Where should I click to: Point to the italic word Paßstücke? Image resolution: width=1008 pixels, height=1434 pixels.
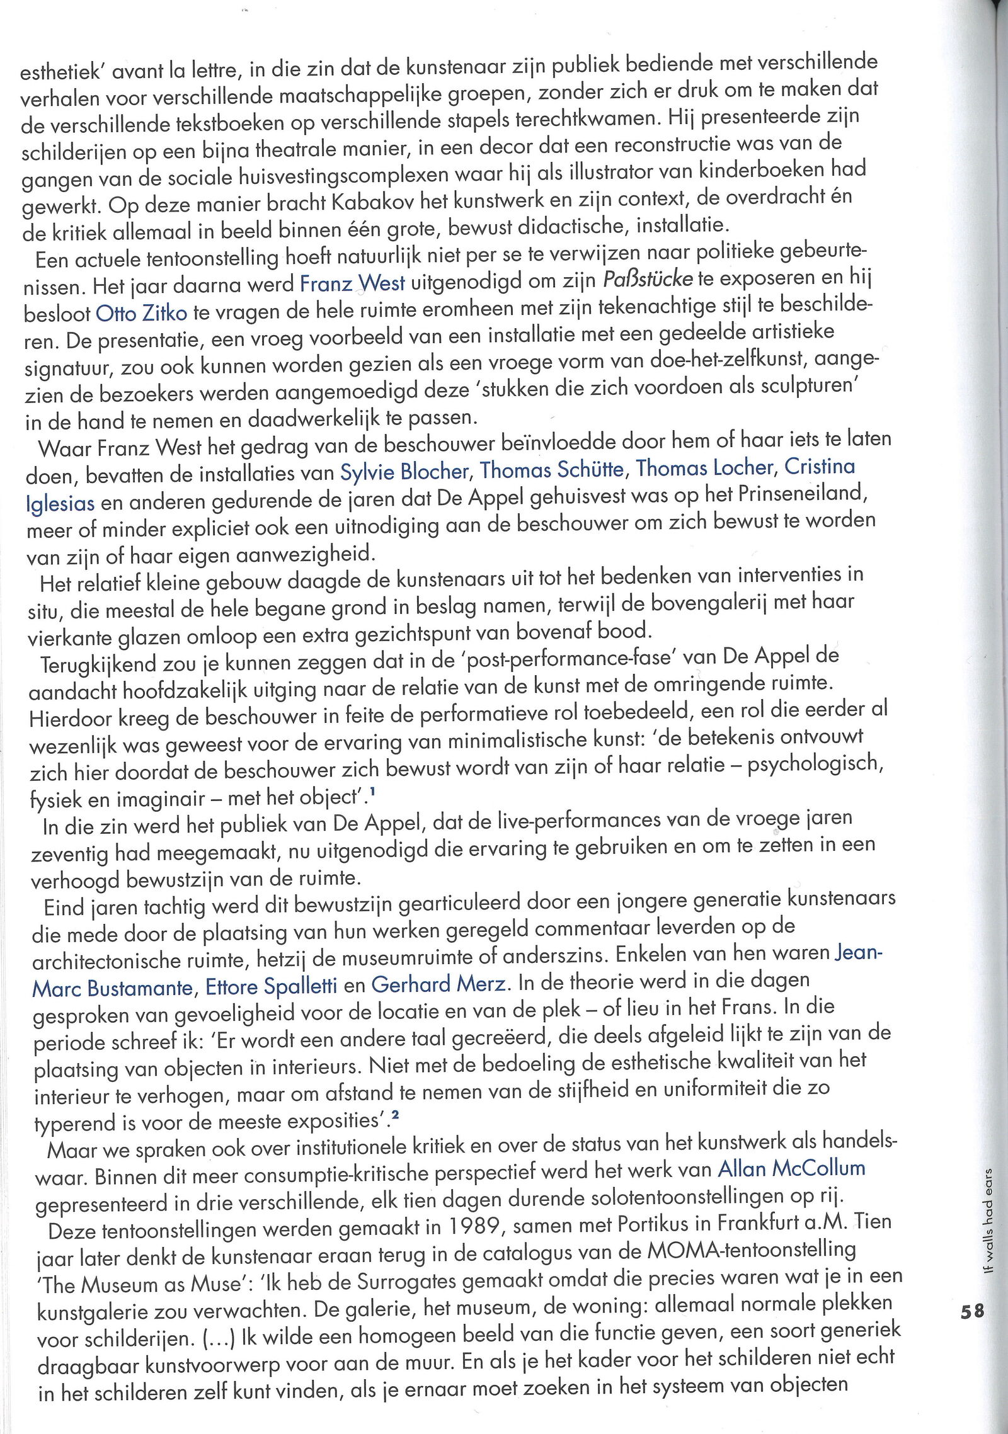[x=648, y=278]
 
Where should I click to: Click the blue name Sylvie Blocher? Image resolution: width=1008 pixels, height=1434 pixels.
[x=404, y=471]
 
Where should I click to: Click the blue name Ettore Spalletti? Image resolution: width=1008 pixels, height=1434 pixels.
[x=272, y=986]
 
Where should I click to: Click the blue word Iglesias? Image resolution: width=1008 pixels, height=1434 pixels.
[x=60, y=503]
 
